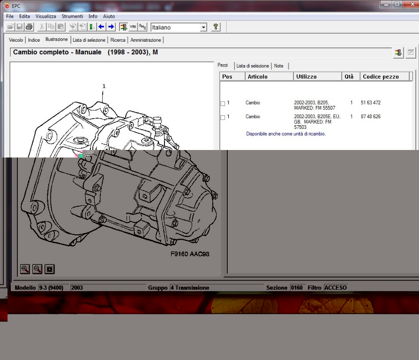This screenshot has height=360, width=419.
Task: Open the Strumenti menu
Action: [x=72, y=16]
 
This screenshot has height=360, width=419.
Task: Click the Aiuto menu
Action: [x=109, y=16]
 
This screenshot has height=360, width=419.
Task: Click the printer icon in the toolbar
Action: [x=29, y=27]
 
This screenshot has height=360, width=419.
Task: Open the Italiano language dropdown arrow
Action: [x=203, y=27]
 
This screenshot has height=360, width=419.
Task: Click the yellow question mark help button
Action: [x=216, y=27]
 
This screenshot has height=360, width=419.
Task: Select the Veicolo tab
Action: [x=16, y=40]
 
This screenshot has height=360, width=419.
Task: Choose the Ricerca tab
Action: [x=118, y=40]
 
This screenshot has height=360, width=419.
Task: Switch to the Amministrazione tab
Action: [x=146, y=40]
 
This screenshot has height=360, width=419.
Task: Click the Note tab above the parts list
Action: [x=279, y=66]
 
